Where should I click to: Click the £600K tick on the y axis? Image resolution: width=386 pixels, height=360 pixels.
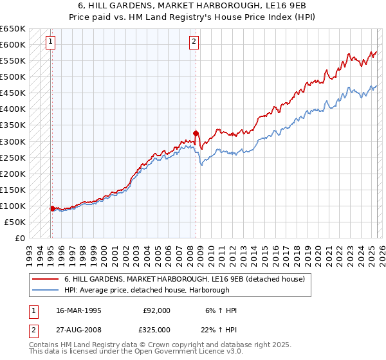click(14, 44)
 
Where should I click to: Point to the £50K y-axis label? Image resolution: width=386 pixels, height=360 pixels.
click(16, 222)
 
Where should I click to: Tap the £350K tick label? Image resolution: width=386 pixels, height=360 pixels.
click(14, 125)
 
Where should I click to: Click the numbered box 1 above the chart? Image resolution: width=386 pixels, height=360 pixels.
click(51, 43)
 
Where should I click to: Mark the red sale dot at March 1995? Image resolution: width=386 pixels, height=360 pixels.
click(52, 208)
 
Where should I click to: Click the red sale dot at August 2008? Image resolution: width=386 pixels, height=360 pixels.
click(196, 133)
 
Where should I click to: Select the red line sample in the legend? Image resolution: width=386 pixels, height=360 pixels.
click(46, 279)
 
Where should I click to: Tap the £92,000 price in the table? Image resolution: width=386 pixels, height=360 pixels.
click(157, 310)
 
